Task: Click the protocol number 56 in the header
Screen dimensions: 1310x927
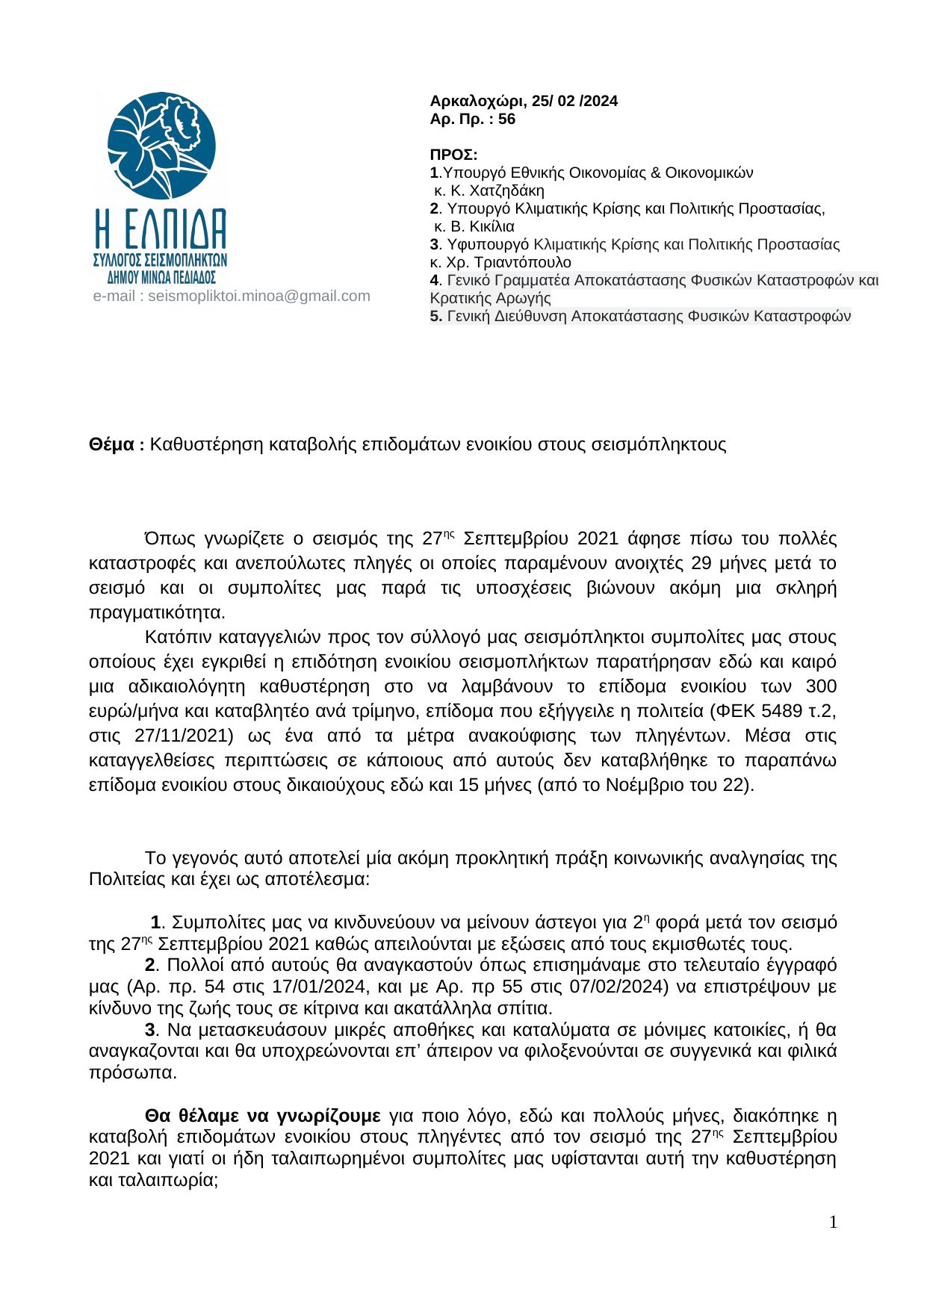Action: coord(506,119)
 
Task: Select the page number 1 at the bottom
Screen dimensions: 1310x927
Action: coord(833,1223)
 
